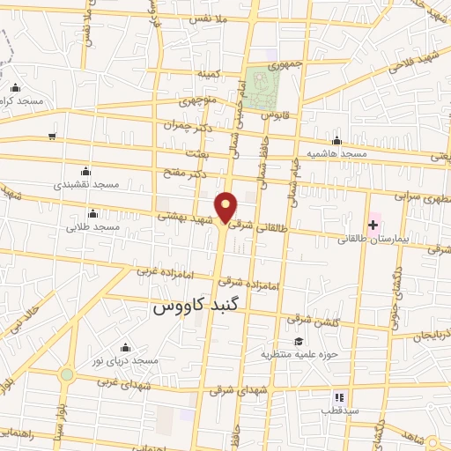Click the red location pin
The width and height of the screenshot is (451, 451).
pos(226,206)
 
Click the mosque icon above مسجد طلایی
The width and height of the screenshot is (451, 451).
pos(92,213)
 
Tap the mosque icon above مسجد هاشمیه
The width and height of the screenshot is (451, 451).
pos(336,140)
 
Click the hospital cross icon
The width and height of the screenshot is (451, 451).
pos(373,225)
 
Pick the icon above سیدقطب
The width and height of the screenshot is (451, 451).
pos(341,396)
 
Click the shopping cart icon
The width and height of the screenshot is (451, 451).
pos(53,136)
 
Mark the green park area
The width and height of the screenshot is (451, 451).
pos(262,87)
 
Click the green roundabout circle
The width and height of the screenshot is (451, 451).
pos(67,373)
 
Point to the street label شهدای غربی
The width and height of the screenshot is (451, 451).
pos(124,384)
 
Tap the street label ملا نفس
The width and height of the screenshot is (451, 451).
pos(216,18)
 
